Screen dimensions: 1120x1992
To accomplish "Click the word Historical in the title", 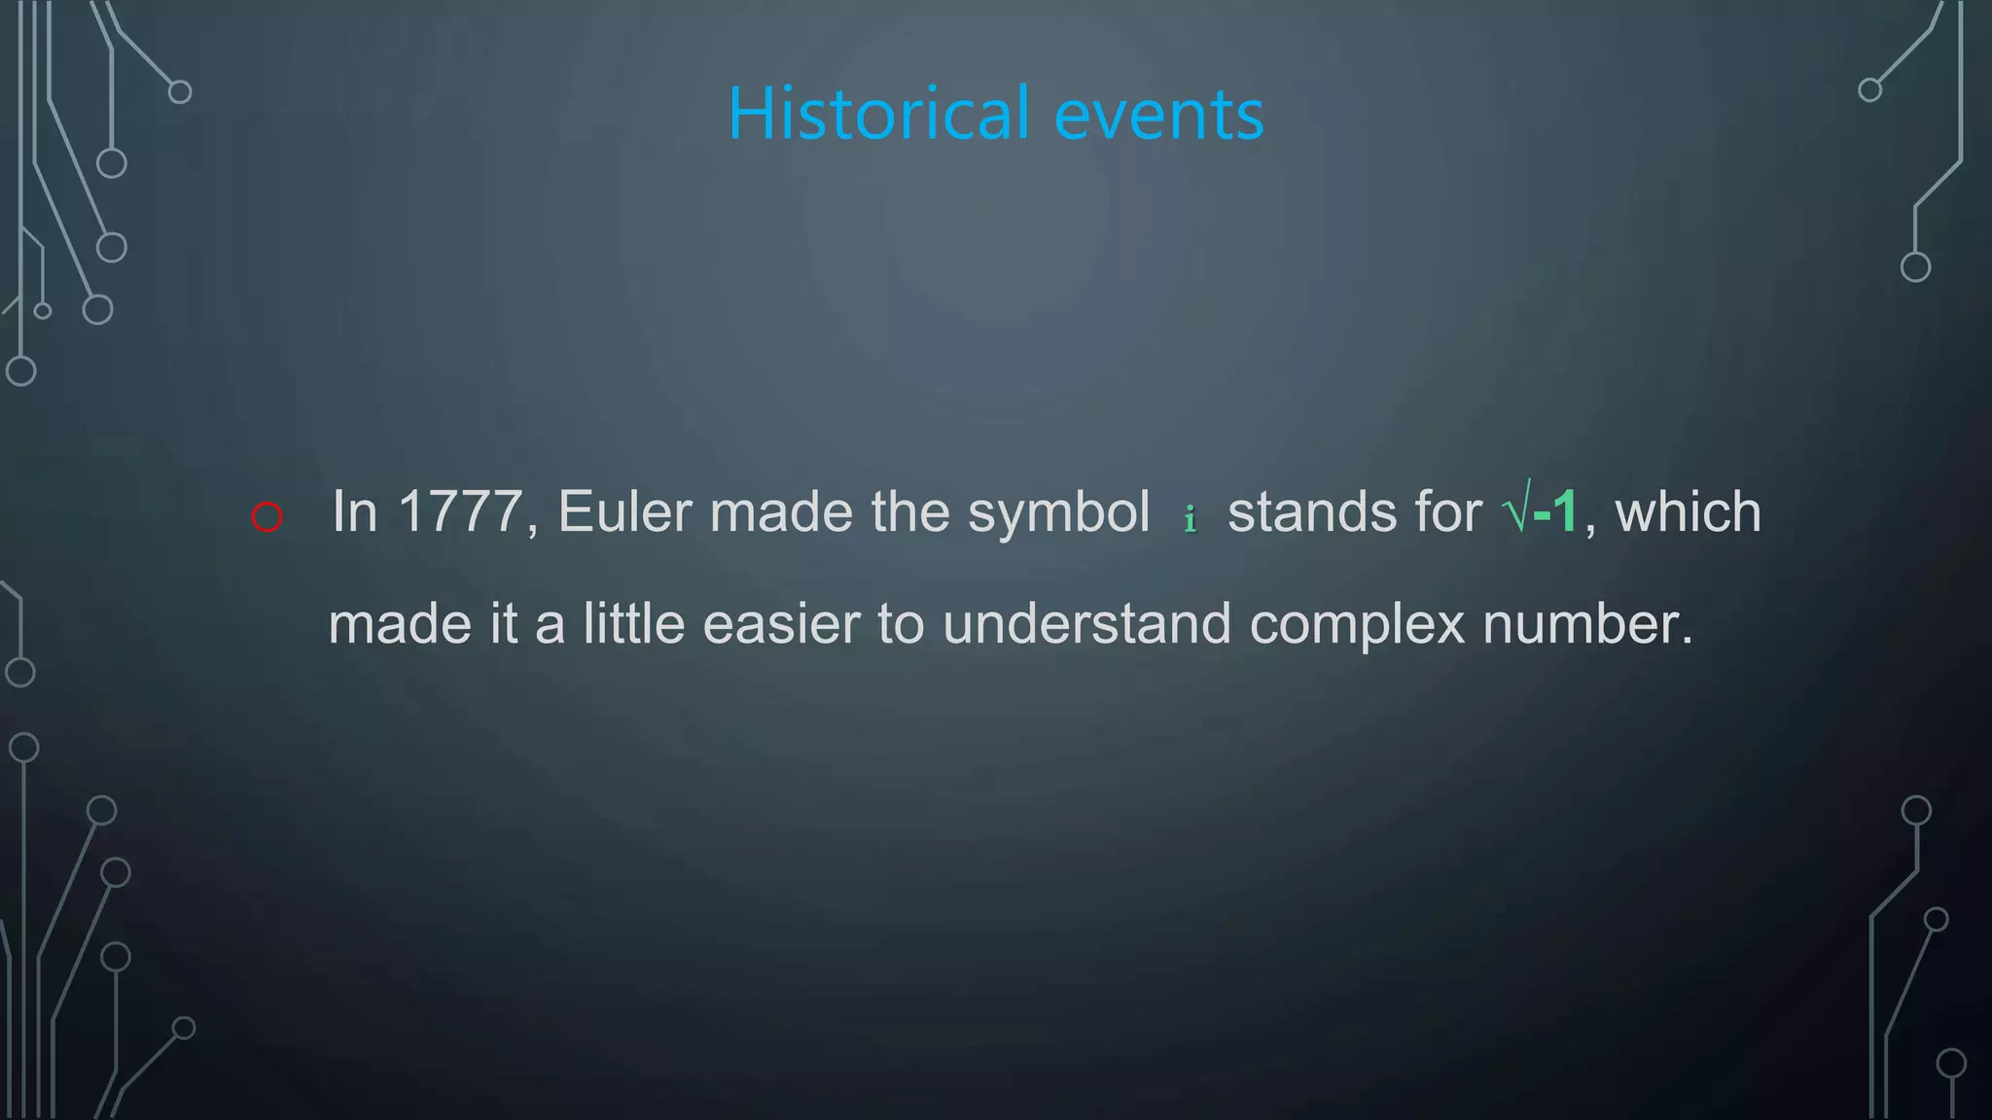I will [x=878, y=114].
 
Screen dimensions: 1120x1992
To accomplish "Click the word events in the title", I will [x=1158, y=116].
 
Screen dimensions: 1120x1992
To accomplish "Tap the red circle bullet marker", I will [x=267, y=516].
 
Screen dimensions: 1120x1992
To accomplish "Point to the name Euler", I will [x=624, y=511].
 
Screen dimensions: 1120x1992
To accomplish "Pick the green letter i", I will [x=1190, y=518].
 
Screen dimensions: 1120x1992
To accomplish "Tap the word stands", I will [x=1311, y=512].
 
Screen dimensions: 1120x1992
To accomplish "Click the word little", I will [x=634, y=623].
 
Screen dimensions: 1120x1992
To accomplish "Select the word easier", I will [x=781, y=623].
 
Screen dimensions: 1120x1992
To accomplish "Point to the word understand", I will [x=1086, y=623].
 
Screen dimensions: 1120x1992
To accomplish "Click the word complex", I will [x=1357, y=625].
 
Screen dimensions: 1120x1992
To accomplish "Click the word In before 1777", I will [x=354, y=511].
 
